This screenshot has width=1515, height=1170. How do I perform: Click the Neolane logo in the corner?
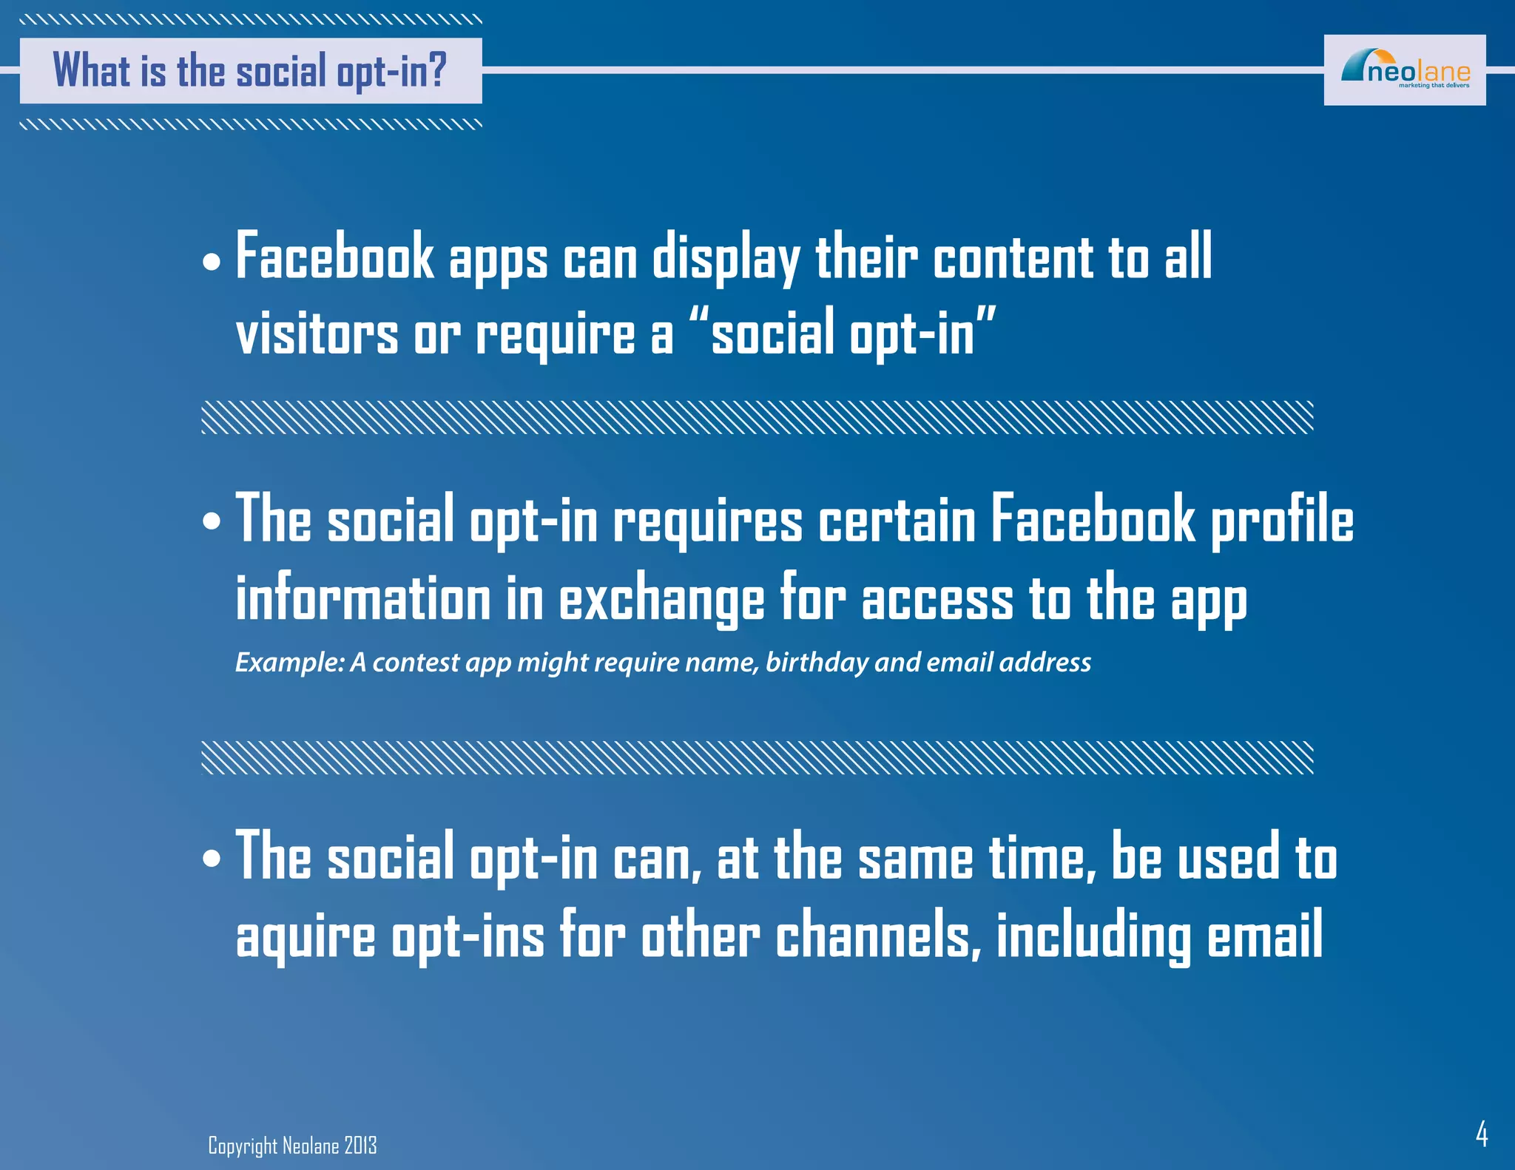(x=1404, y=70)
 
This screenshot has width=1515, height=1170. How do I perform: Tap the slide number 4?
(x=1481, y=1133)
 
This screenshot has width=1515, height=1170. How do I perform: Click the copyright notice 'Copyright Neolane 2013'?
(x=292, y=1146)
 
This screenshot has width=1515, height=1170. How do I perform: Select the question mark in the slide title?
(x=437, y=70)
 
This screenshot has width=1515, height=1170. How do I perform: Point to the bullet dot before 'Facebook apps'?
(x=212, y=262)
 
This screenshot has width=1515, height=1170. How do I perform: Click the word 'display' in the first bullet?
(x=726, y=258)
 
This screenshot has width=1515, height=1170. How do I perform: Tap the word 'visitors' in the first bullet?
(x=317, y=334)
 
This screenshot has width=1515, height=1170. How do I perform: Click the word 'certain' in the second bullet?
(x=897, y=520)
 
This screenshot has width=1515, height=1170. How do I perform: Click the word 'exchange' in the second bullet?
(x=661, y=598)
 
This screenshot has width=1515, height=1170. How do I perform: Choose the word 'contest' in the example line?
(x=416, y=662)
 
